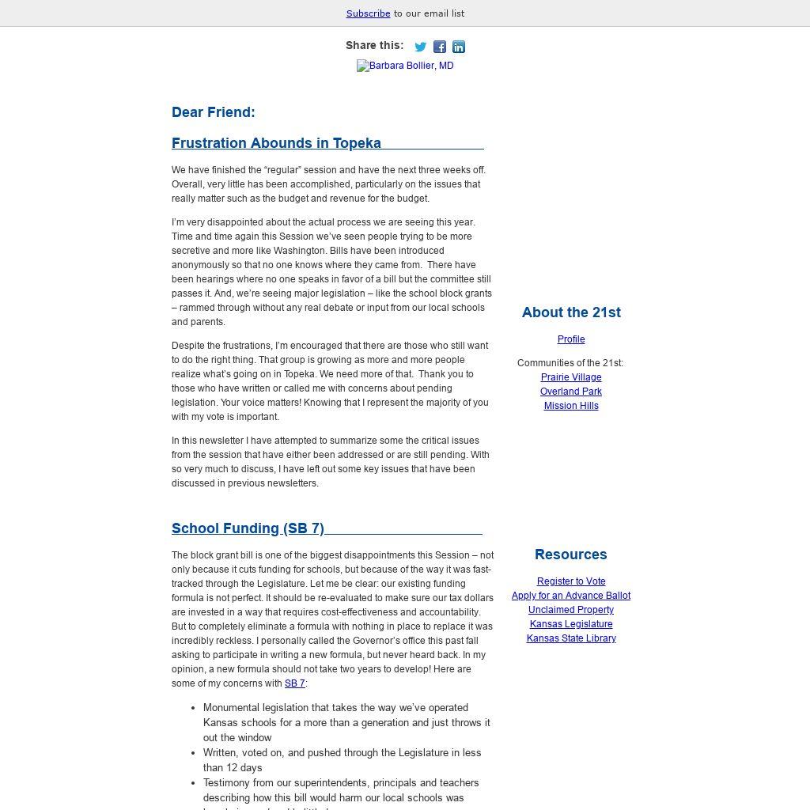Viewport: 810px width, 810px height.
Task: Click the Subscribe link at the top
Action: pos(368,13)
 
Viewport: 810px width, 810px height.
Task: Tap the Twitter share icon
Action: pos(421,47)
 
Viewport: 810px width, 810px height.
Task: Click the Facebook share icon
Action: pos(440,47)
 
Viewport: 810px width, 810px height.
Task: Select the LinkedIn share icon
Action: pos(459,47)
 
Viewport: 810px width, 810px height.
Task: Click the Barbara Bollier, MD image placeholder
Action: pos(405,66)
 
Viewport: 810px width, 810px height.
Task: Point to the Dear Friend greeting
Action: pos(213,112)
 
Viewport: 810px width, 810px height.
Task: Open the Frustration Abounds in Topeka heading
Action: pos(276,143)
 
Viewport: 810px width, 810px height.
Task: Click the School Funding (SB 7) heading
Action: pos(248,528)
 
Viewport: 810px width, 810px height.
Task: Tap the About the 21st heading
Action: pos(571,312)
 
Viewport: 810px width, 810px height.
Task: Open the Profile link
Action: pos(571,339)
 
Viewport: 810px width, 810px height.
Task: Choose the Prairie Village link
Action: pos(571,377)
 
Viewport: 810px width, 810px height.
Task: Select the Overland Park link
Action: pos(571,392)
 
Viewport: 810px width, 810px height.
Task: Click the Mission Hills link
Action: pos(571,406)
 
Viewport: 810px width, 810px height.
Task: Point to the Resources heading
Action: pos(571,555)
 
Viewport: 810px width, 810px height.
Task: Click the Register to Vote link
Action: pos(571,581)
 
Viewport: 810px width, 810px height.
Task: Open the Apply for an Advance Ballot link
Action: pos(571,596)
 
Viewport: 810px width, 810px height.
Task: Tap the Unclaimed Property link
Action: pos(571,610)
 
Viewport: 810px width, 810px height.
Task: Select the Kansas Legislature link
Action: pos(571,624)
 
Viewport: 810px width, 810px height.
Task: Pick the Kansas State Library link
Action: pos(571,638)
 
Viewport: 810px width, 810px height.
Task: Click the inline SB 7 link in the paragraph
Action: pos(294,683)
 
